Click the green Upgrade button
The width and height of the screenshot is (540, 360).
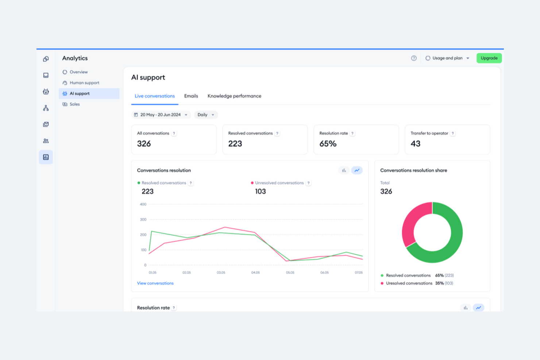click(x=489, y=58)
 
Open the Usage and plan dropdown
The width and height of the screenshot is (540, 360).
click(x=447, y=58)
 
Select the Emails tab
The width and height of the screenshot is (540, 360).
click(x=191, y=96)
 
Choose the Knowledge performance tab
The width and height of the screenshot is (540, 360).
click(x=234, y=96)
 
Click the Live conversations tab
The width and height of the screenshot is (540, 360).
click(x=155, y=96)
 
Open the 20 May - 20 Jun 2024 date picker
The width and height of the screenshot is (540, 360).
click(x=161, y=115)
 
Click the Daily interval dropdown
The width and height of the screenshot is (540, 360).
click(x=206, y=115)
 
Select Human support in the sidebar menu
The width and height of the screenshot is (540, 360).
click(x=84, y=83)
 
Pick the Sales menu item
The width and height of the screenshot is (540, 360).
click(x=74, y=104)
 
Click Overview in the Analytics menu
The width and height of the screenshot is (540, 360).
click(x=78, y=72)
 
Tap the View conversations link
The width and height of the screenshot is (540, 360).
click(x=155, y=283)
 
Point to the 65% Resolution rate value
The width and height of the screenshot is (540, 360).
click(x=328, y=144)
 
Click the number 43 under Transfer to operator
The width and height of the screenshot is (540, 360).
click(x=415, y=144)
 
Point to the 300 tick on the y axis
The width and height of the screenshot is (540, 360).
click(x=143, y=220)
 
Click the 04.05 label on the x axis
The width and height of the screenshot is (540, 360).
click(x=255, y=272)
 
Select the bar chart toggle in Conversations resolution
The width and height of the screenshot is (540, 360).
click(x=344, y=170)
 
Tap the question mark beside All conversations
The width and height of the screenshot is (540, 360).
click(x=174, y=133)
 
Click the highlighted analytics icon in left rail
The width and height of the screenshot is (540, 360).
click(x=46, y=157)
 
